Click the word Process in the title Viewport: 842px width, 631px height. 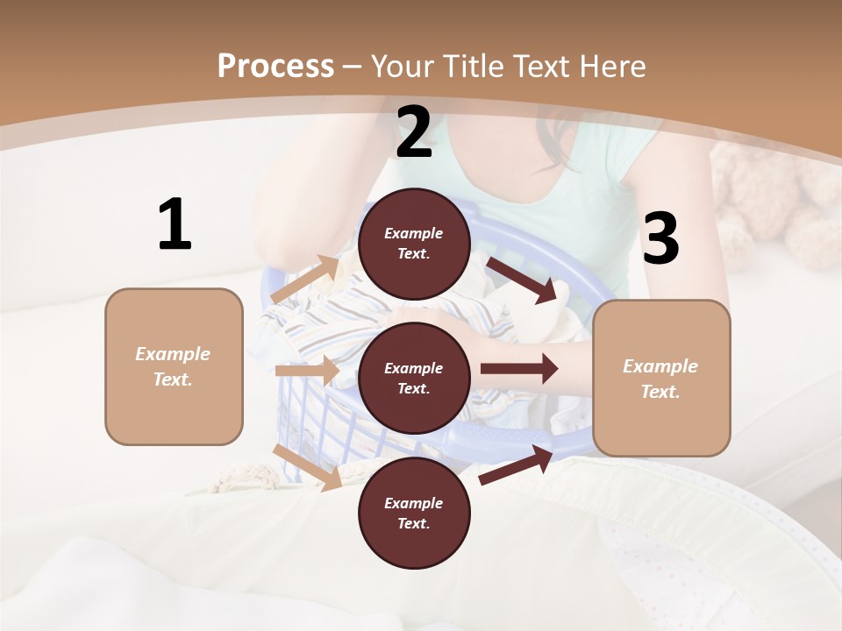click(x=275, y=66)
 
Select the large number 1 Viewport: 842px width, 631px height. click(x=175, y=225)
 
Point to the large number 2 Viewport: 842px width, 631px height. click(x=414, y=133)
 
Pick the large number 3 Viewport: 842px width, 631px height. click(x=660, y=238)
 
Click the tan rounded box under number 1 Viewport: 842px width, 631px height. click(x=174, y=366)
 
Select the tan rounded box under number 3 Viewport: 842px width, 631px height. click(x=661, y=378)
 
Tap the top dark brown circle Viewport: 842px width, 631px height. click(x=414, y=244)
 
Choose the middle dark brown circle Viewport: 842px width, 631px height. click(x=414, y=378)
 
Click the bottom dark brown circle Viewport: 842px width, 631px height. click(x=414, y=513)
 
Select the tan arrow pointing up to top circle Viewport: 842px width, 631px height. click(x=305, y=280)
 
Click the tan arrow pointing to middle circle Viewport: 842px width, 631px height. click(x=307, y=371)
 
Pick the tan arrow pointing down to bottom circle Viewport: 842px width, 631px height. click(x=308, y=467)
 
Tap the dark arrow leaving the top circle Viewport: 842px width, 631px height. click(x=523, y=280)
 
